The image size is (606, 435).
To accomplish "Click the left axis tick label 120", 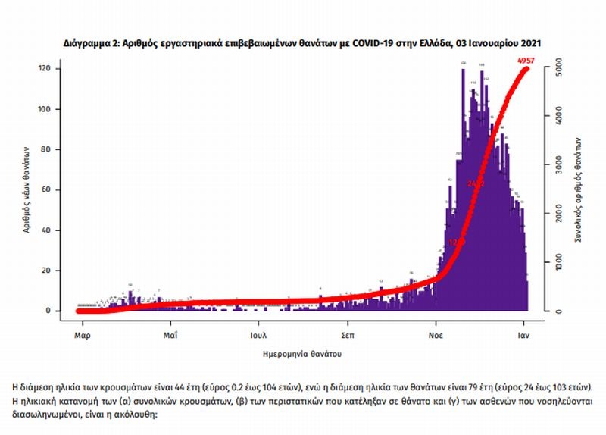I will [47, 69].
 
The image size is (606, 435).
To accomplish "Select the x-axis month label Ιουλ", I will [258, 333].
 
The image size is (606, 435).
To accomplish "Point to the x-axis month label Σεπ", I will [348, 333].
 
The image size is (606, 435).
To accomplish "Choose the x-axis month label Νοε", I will [435, 333].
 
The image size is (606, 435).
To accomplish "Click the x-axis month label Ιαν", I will [522, 333].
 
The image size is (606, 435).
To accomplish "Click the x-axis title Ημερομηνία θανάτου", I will [302, 353].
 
